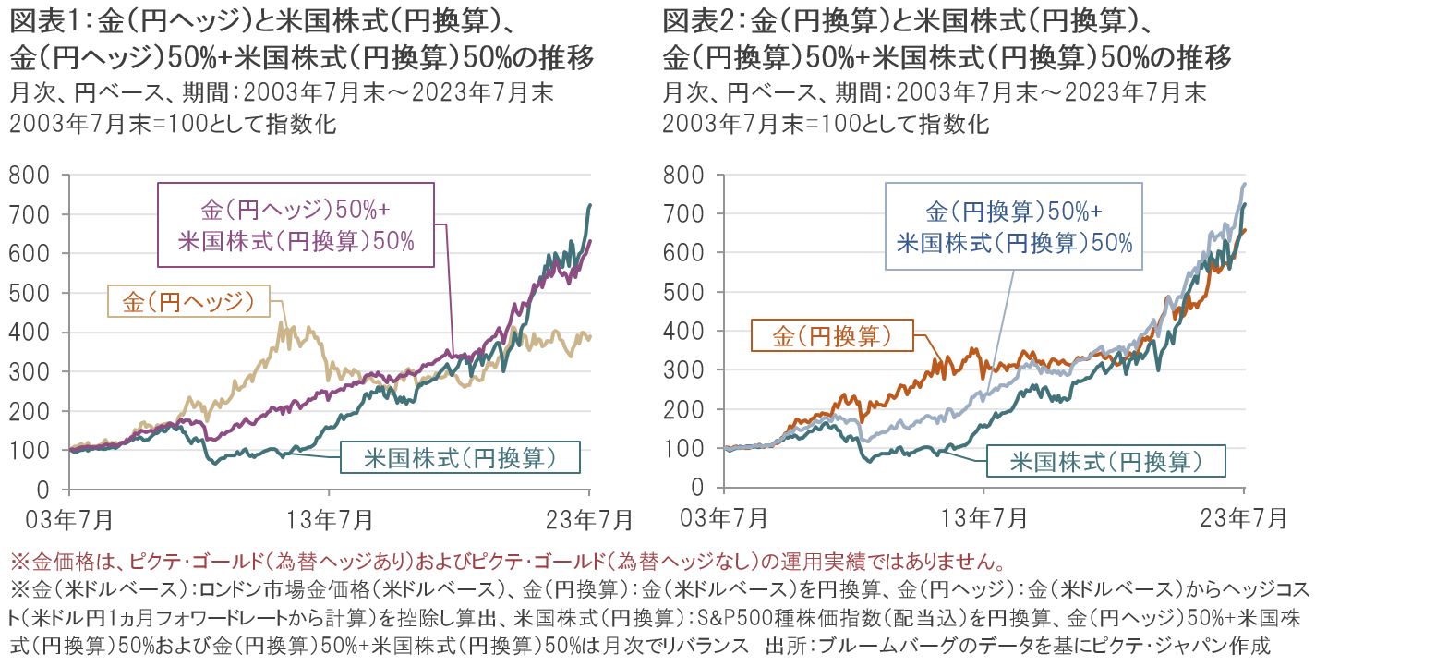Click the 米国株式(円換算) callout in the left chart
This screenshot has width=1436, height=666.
click(x=460, y=457)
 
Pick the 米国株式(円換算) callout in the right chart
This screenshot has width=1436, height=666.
click(x=1106, y=461)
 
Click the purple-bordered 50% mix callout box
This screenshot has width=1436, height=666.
click(x=296, y=225)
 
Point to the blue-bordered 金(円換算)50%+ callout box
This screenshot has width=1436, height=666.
click(x=1014, y=226)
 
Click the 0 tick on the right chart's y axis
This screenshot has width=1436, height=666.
click(x=698, y=488)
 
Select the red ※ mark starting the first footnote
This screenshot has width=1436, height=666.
click(x=17, y=561)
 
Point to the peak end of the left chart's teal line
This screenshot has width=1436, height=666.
click(x=589, y=205)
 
